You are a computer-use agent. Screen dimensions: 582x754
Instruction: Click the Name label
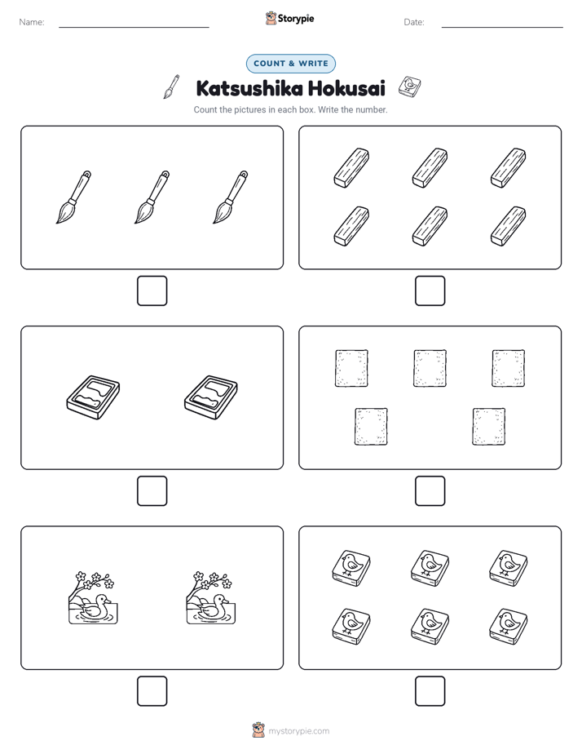(32, 22)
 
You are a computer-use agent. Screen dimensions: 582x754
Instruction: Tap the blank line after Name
(134, 28)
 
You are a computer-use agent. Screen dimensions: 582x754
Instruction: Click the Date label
(414, 22)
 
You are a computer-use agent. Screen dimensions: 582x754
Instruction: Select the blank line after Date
(502, 28)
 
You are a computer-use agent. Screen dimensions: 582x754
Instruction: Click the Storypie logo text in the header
(296, 19)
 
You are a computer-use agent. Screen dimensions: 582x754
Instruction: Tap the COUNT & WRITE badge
(290, 64)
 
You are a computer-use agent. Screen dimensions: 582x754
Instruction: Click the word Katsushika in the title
(249, 88)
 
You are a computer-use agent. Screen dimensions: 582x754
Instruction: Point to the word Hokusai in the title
(346, 88)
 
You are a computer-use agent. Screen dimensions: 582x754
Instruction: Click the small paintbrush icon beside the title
(171, 86)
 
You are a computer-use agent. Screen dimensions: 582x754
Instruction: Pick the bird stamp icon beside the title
(410, 86)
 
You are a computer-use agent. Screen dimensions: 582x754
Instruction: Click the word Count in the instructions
(205, 109)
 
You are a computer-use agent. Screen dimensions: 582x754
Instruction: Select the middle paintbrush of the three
(152, 197)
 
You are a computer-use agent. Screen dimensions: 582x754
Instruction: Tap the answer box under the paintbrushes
(152, 291)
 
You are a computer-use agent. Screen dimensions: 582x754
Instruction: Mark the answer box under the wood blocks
(430, 291)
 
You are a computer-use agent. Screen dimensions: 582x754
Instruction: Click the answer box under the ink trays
(152, 491)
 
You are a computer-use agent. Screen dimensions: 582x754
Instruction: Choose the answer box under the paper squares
(430, 491)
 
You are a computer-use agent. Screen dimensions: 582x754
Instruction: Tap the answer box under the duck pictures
(152, 691)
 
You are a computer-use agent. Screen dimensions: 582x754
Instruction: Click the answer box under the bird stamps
(430, 691)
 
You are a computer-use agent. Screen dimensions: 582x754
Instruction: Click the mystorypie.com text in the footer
(298, 731)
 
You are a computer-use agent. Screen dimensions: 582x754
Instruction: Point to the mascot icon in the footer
(258, 730)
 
